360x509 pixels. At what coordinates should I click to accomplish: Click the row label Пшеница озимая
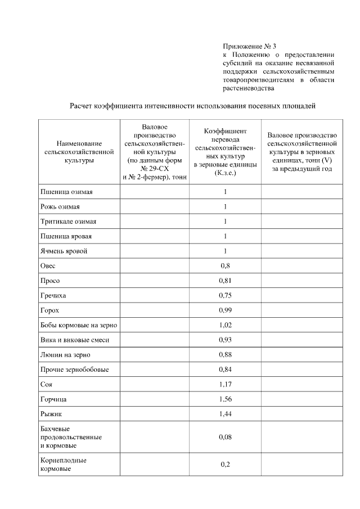pyautogui.click(x=66, y=192)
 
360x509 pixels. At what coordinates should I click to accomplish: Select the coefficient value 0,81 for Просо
pyautogui.click(x=225, y=280)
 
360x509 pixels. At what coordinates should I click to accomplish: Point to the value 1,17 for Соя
pyautogui.click(x=225, y=384)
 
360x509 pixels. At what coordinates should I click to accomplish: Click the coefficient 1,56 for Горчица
pyautogui.click(x=225, y=399)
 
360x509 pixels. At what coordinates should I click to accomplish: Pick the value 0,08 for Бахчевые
pyautogui.click(x=225, y=436)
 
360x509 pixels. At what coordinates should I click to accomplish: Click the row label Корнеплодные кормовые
pyautogui.click(x=63, y=464)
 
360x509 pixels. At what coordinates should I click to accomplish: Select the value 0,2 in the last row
pyautogui.click(x=225, y=464)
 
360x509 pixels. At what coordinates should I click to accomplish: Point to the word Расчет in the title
pyautogui.click(x=83, y=105)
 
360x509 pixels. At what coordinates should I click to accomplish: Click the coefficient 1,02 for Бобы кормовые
pyautogui.click(x=225, y=325)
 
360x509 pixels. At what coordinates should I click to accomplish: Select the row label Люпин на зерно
pyautogui.click(x=65, y=354)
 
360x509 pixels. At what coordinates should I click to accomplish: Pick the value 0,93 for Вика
pyautogui.click(x=225, y=340)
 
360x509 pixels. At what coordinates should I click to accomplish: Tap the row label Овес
pyautogui.click(x=48, y=265)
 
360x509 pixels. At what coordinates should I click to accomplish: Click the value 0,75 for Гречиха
pyautogui.click(x=225, y=295)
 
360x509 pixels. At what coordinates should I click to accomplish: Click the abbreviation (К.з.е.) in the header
pyautogui.click(x=225, y=173)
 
